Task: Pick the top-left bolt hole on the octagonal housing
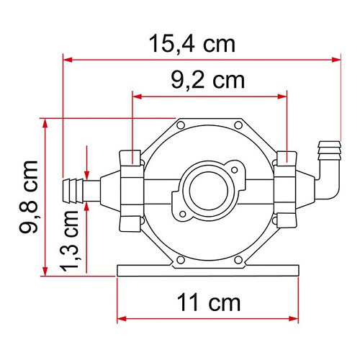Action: [178, 127]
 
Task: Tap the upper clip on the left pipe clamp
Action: [130, 158]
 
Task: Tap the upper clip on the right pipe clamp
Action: [287, 158]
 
